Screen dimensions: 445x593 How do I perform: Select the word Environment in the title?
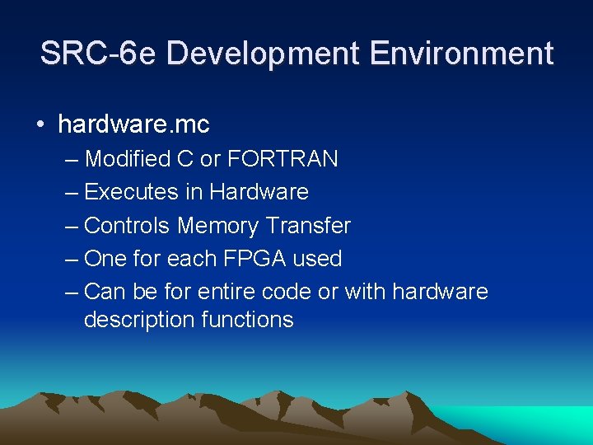(462, 54)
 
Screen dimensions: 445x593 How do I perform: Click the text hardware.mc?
(133, 124)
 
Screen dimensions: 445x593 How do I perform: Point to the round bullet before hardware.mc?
(40, 125)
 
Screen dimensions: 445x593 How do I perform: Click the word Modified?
(128, 158)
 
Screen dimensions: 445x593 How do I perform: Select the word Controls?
(128, 225)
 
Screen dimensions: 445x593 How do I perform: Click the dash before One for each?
(71, 259)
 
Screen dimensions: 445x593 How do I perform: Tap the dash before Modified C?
(71, 158)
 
